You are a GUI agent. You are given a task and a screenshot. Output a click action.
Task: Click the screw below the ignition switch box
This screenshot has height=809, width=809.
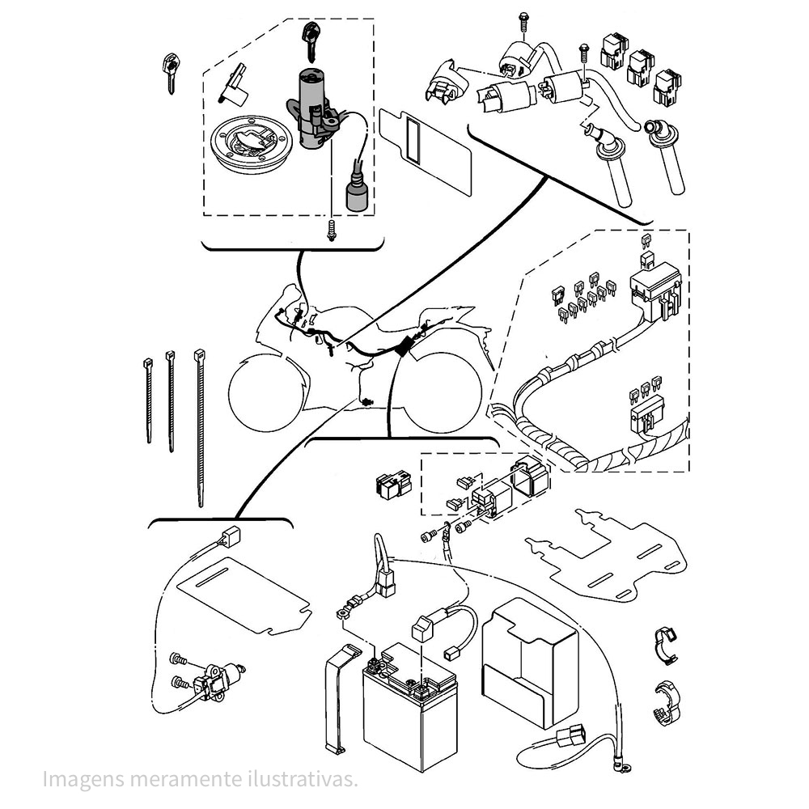(332, 230)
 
